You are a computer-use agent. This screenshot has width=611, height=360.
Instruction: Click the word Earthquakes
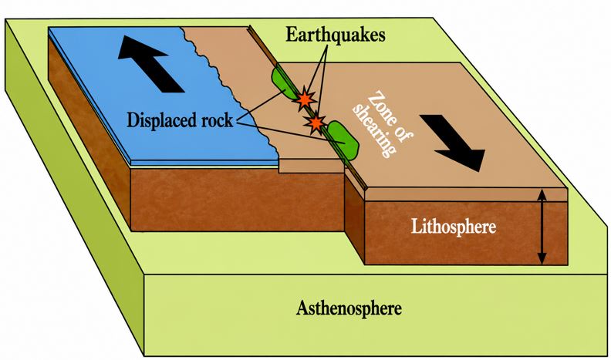[x=336, y=35]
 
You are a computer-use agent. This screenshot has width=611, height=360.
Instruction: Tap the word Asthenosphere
[x=349, y=308]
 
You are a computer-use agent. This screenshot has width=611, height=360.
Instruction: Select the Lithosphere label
[x=454, y=227]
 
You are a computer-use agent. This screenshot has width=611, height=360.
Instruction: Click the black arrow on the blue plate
[x=150, y=64]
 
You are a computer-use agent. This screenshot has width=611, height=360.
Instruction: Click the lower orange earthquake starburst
[x=316, y=123]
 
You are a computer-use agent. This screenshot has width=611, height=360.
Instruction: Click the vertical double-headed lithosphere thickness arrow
[x=542, y=226]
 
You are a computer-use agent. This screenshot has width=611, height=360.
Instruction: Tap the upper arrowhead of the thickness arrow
[x=542, y=193]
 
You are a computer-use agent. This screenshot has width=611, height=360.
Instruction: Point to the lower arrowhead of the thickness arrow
[x=542, y=259]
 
